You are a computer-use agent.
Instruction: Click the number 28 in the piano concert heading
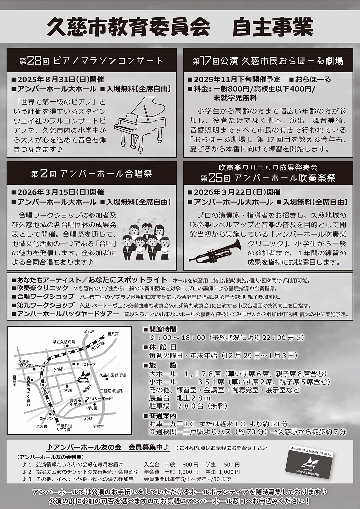pos(33,61)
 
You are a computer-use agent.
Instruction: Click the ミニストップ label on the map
pos(85,364)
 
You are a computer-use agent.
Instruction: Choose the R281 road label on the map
pos(88,420)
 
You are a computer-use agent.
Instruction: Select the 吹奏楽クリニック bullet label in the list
pos(42,288)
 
